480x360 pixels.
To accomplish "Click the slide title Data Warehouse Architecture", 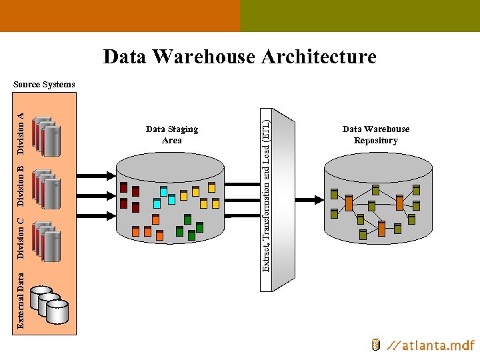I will click(x=239, y=57).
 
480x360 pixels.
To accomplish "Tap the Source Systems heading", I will click(x=44, y=85).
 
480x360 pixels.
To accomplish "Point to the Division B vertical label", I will click(x=21, y=185).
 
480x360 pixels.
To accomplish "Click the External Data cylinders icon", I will click(x=50, y=304).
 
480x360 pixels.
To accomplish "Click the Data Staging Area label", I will click(x=171, y=135).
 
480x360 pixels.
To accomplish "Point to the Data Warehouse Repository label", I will click(x=375, y=135).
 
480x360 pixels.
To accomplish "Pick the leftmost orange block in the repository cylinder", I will click(x=349, y=203).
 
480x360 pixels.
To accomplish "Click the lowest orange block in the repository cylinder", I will click(x=381, y=228).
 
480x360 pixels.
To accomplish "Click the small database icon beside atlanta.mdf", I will click(x=375, y=345).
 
